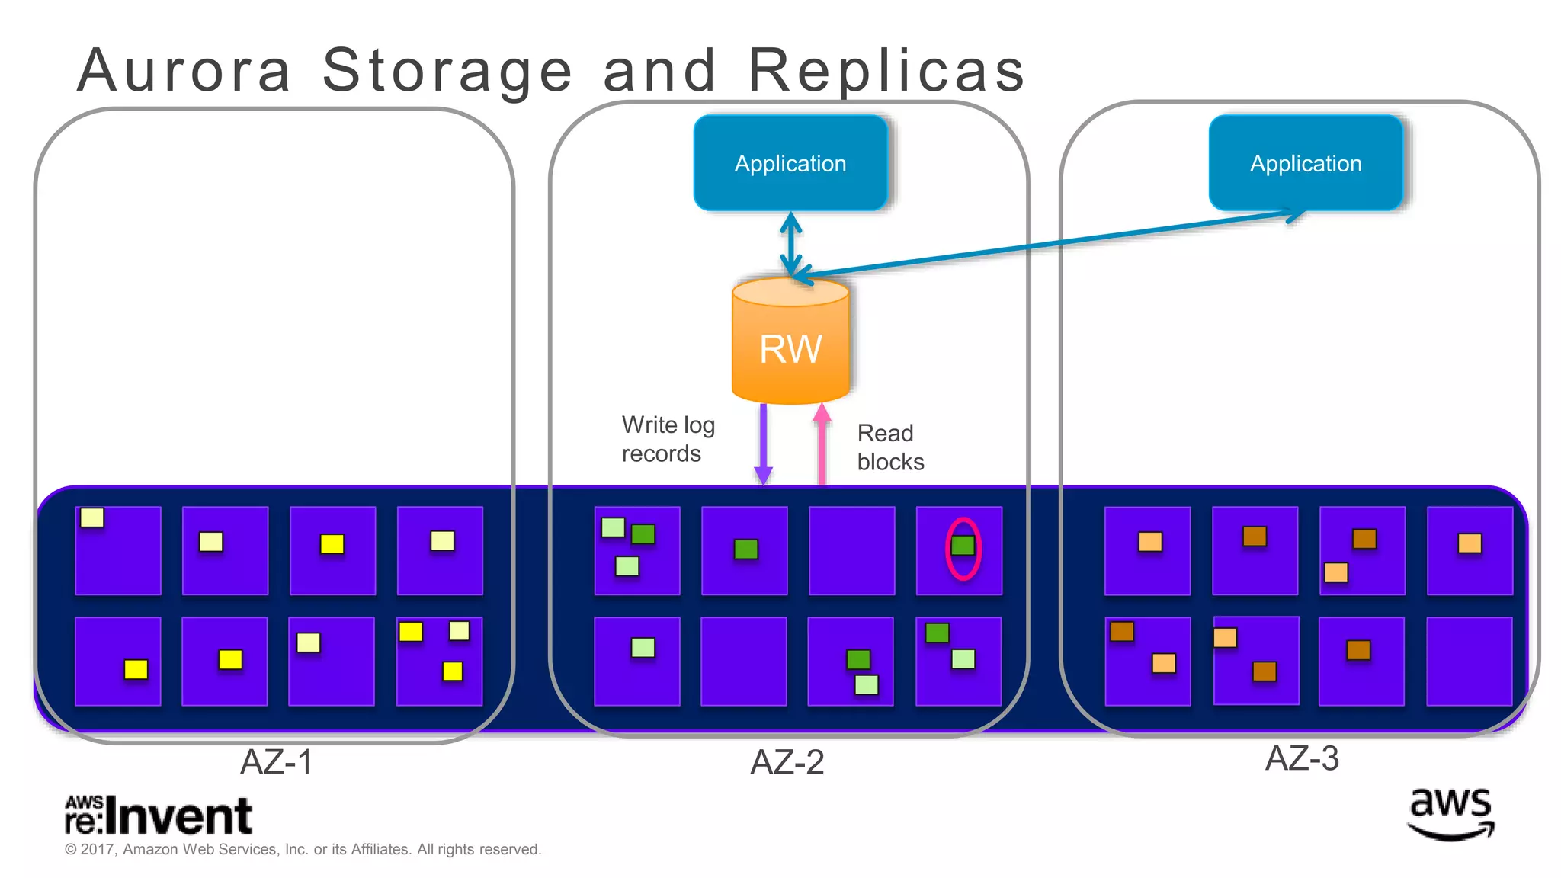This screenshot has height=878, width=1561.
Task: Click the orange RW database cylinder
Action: (790, 343)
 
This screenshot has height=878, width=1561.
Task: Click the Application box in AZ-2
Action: (790, 163)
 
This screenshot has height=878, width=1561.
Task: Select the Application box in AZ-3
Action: (1306, 163)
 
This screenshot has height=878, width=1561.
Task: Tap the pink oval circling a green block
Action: (963, 548)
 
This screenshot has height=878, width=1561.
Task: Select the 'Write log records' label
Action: (667, 439)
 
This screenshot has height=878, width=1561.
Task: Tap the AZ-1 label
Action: (276, 762)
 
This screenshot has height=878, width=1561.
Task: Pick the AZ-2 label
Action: (787, 762)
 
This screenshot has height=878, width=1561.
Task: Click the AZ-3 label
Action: (1301, 758)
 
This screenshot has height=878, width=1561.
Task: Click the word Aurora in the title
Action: (184, 70)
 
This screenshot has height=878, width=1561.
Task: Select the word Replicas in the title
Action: (886, 70)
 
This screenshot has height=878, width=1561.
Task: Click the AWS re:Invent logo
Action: (158, 816)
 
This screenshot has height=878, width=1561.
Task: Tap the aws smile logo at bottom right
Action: (1450, 814)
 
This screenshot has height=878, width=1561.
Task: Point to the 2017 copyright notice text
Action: (303, 849)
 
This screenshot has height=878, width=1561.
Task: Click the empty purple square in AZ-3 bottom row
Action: (1469, 661)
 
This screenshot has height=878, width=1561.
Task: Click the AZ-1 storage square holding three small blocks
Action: (439, 661)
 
